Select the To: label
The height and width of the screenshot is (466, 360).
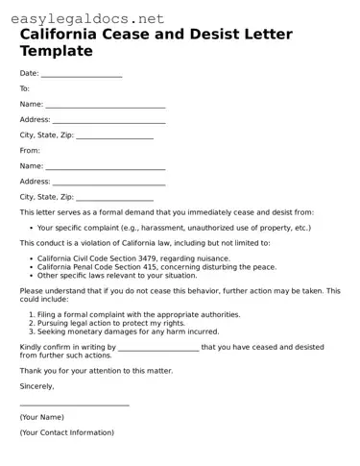[x=25, y=88]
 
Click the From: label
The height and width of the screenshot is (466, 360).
[x=30, y=150]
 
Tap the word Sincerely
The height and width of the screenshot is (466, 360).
[x=36, y=385]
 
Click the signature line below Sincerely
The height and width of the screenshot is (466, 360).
[x=74, y=405]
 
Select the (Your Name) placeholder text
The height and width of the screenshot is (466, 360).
[x=41, y=417]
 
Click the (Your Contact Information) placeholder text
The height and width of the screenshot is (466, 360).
[x=66, y=432]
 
